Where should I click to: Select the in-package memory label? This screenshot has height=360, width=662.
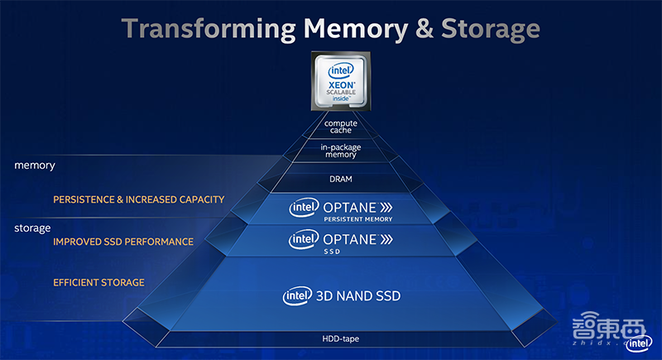point(340,151)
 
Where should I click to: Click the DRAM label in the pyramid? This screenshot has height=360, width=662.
point(340,178)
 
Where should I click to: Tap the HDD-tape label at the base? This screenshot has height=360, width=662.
point(340,338)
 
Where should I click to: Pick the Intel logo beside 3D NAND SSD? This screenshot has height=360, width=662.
point(298,295)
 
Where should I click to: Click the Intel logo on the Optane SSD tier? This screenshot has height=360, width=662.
point(304,239)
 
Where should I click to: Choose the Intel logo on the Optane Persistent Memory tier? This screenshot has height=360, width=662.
point(304,206)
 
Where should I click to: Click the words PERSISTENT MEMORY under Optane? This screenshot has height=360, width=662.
point(358,219)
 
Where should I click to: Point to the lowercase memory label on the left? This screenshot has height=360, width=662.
point(35,166)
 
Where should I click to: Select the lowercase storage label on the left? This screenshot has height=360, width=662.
point(33,227)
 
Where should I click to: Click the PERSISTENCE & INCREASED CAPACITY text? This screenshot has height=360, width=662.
point(139,199)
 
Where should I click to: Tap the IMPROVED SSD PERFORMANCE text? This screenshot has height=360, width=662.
point(123,242)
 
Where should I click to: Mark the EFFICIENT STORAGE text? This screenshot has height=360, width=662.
point(99,282)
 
